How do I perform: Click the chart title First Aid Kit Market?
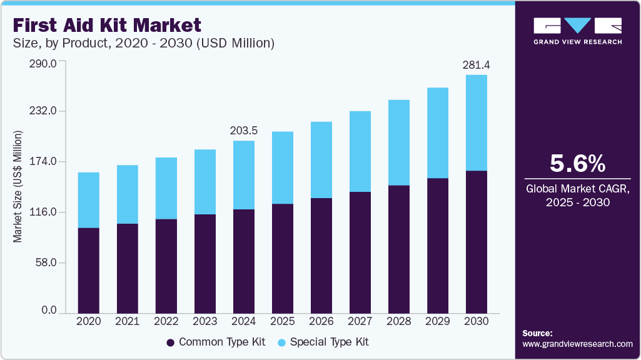tap(106, 25)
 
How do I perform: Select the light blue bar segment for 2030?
tap(477, 122)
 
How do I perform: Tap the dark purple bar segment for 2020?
tap(88, 270)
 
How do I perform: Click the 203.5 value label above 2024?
tap(244, 130)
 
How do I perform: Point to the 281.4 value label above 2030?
tap(476, 64)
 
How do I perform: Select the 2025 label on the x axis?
tap(282, 321)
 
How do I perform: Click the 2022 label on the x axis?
tap(166, 321)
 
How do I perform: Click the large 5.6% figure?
tap(577, 164)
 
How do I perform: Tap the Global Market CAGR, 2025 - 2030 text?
tap(577, 195)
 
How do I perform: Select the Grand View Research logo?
tap(577, 31)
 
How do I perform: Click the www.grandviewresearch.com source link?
tap(577, 344)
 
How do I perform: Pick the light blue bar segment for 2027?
tap(360, 151)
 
